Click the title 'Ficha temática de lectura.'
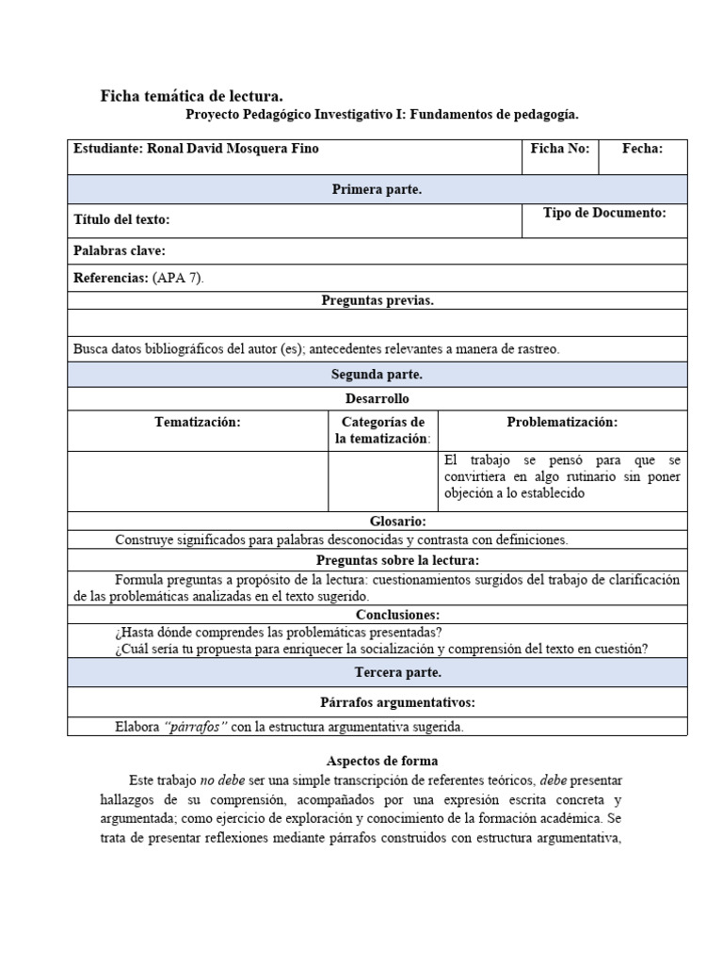[191, 96]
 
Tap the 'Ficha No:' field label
[560, 149]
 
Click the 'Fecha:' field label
[643, 149]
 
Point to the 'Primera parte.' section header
[377, 190]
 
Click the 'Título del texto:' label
[121, 220]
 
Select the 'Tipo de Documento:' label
[604, 214]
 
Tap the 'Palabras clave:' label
[120, 250]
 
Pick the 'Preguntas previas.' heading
[377, 300]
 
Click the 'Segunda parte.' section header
[377, 375]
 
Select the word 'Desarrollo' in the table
[377, 399]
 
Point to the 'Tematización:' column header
[198, 423]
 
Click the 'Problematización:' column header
[562, 423]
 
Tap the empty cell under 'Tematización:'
[198, 480]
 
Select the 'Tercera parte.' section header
[377, 673]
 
